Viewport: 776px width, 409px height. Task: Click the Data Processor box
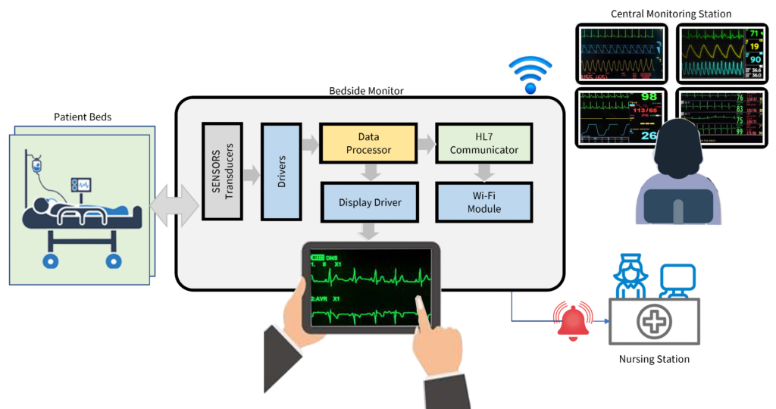click(368, 142)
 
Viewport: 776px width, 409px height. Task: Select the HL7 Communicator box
click(483, 142)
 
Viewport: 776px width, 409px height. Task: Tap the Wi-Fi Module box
click(483, 201)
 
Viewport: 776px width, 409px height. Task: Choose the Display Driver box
click(369, 201)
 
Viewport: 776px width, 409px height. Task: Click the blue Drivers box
click(281, 171)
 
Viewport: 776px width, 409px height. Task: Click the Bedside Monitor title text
click(366, 91)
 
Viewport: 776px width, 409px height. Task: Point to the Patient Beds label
click(83, 117)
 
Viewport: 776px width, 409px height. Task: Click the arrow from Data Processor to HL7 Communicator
click(425, 142)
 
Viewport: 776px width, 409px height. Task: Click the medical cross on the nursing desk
click(653, 322)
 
